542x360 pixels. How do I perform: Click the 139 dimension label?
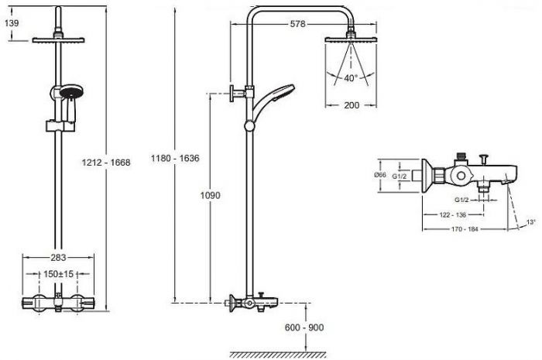pyautogui.click(x=12, y=23)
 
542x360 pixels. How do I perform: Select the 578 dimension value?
pyautogui.click(x=297, y=24)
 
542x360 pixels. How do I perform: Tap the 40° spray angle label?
pyautogui.click(x=351, y=78)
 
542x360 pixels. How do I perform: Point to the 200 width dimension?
pyautogui.click(x=352, y=105)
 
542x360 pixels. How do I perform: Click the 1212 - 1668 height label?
pyautogui.click(x=106, y=163)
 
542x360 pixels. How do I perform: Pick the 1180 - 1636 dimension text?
pyautogui.click(x=175, y=158)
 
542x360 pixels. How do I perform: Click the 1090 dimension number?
pyautogui.click(x=210, y=196)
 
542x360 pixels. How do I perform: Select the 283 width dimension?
pyautogui.click(x=58, y=257)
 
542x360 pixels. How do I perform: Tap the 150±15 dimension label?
pyautogui.click(x=58, y=274)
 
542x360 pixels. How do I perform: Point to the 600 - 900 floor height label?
pyautogui.click(x=304, y=327)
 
